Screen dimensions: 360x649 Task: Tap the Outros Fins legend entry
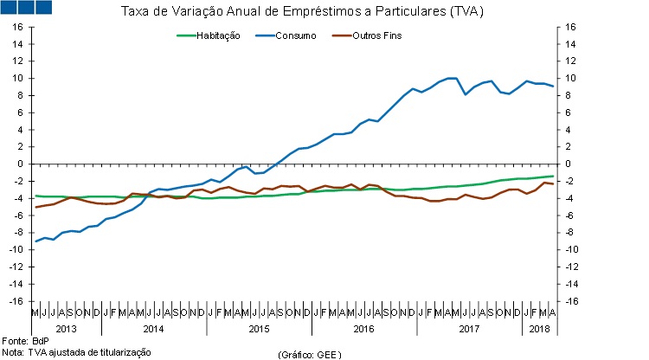coord(377,35)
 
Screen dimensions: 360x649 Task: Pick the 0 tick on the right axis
coord(568,164)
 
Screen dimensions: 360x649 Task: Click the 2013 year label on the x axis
coord(66,329)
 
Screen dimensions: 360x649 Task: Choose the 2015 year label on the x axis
coord(260,329)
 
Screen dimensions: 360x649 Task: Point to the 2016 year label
coord(364,329)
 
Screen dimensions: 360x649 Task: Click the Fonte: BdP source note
coord(25,341)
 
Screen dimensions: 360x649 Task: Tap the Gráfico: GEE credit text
coord(309,355)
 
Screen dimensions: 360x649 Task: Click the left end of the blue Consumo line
coord(35,241)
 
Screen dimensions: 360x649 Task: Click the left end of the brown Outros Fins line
coord(35,207)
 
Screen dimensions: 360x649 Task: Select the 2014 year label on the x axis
coord(153,329)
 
